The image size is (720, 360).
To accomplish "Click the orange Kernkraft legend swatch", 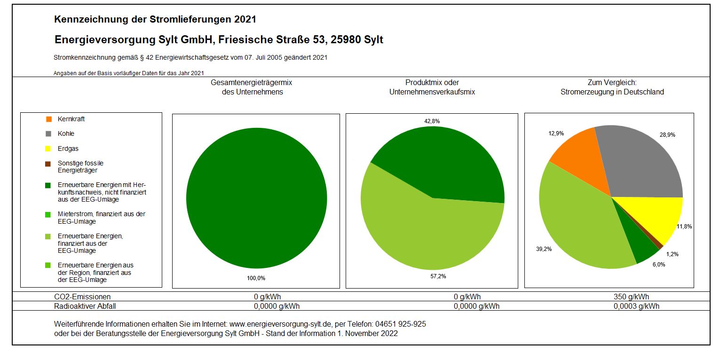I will pyautogui.click(x=48, y=119).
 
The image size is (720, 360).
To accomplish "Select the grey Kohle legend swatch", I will pyautogui.click(x=48, y=134).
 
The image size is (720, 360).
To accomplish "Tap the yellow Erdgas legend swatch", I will pyautogui.click(x=48, y=149).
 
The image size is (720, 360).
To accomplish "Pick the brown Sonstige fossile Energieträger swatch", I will pyautogui.click(x=48, y=164).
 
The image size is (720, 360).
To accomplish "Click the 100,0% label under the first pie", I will pyautogui.click(x=256, y=278).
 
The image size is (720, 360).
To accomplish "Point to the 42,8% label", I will pyautogui.click(x=432, y=121).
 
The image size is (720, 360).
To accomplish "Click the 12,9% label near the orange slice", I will pyautogui.click(x=556, y=133).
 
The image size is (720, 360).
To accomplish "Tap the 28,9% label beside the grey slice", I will pyautogui.click(x=667, y=135).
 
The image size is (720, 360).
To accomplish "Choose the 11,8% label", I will pyautogui.click(x=684, y=227).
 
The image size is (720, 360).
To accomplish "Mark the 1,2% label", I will pyautogui.click(x=672, y=254).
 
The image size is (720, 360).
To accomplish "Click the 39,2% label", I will pyautogui.click(x=544, y=249).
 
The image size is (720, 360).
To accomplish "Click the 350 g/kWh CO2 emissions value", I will pyautogui.click(x=631, y=297).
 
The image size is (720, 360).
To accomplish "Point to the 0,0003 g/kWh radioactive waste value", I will pyautogui.click(x=636, y=306).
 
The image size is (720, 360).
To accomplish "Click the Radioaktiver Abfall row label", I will pyautogui.click(x=85, y=306).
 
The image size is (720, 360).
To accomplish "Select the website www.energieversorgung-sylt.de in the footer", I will pyautogui.click(x=281, y=324).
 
